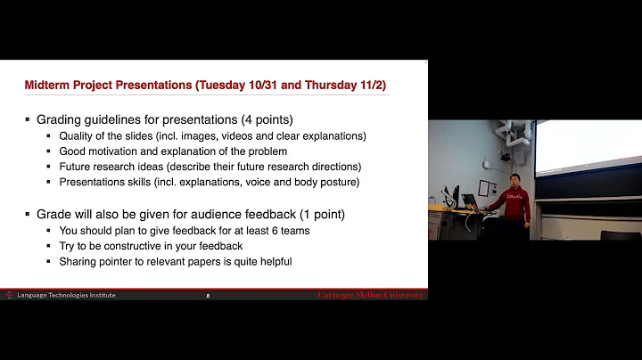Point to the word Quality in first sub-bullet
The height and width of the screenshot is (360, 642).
click(78, 136)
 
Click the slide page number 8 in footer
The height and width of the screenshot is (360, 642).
click(208, 295)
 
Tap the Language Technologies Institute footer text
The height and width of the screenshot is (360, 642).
click(66, 295)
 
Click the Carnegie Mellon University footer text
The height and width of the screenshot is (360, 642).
click(370, 295)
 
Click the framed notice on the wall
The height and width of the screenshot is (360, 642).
click(486, 188)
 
